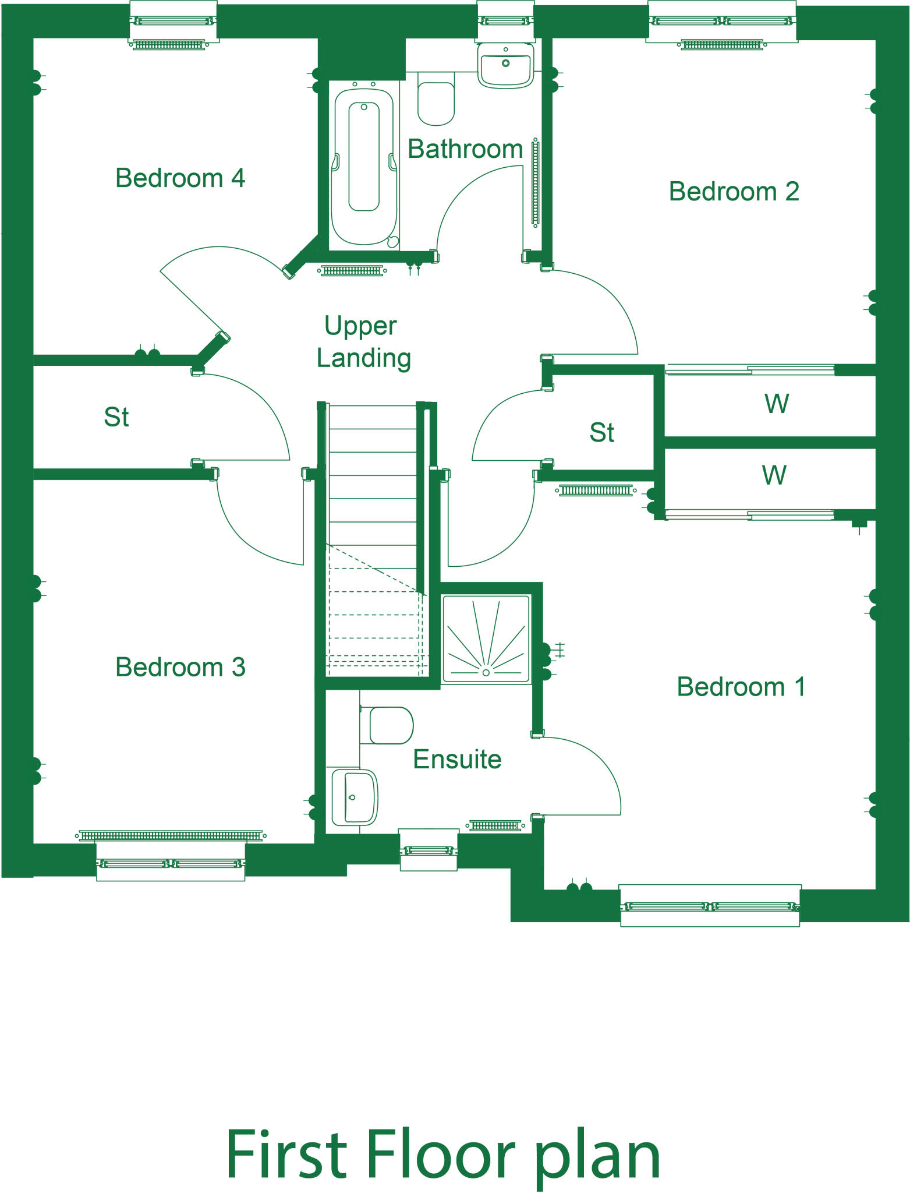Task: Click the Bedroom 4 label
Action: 180,178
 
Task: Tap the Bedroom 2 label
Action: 734,192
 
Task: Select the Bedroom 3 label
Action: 180,668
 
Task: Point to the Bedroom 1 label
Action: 741,687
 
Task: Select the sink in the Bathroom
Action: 505,65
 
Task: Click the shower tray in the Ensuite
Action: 486,639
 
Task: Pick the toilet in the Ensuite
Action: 389,726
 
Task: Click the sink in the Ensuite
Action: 354,797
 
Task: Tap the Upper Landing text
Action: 363,342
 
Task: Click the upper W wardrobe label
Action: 776,404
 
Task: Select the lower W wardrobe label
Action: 774,476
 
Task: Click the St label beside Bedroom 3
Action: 116,418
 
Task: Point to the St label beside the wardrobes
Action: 601,433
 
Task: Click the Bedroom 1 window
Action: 710,906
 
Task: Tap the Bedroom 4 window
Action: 173,22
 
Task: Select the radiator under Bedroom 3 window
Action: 170,836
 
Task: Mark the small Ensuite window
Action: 429,851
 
